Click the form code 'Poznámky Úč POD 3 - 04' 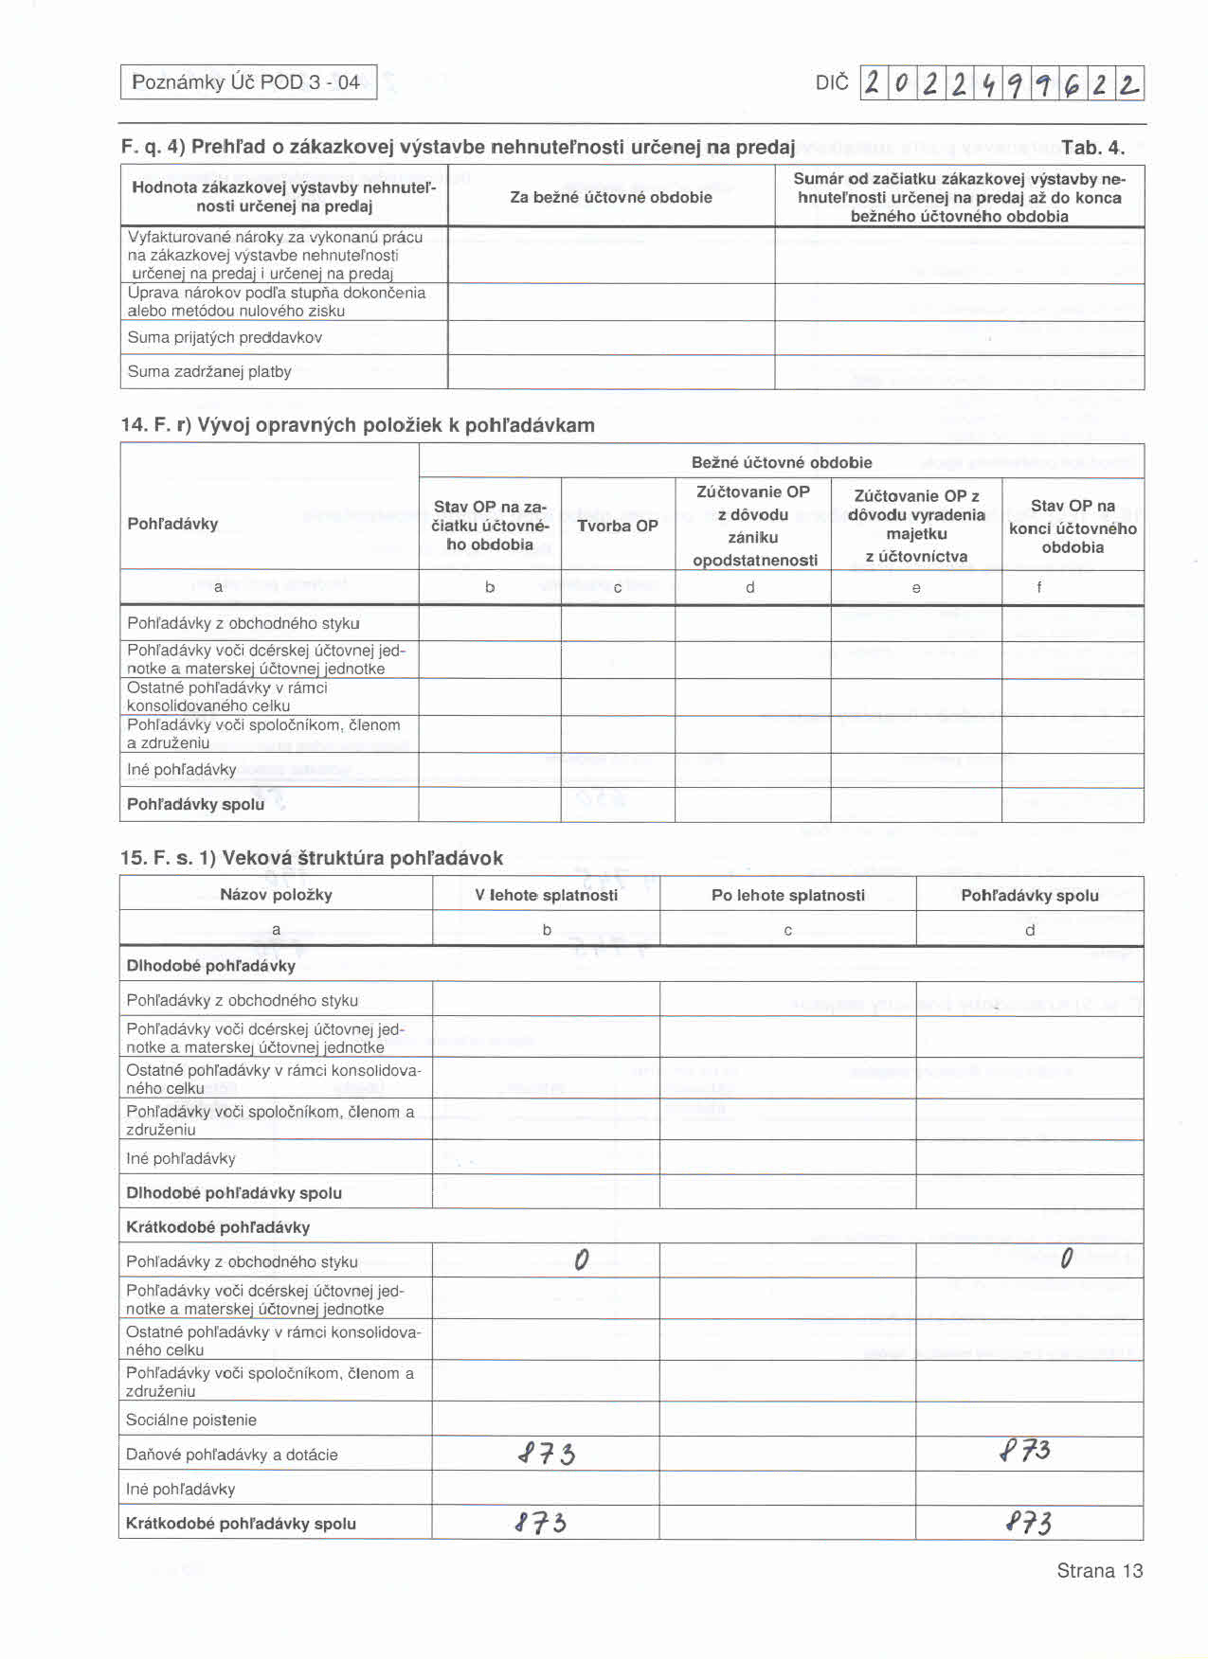(246, 82)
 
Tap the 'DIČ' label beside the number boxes (832, 83)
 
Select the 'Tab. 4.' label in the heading (1092, 148)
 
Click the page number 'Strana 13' (1099, 1571)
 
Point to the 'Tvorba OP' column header (618, 526)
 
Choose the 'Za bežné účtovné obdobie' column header (611, 197)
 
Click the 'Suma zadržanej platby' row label (209, 371)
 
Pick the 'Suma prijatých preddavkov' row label (225, 337)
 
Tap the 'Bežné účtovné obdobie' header (782, 462)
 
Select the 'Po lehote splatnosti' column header (788, 895)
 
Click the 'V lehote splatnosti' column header (547, 895)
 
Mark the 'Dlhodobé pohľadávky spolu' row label (234, 1192)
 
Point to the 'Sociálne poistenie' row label (191, 1420)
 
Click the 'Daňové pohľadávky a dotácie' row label (232, 1455)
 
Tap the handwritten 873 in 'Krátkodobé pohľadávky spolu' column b (541, 1523)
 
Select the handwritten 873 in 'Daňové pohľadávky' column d (1025, 1451)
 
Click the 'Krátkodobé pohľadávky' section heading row (219, 1226)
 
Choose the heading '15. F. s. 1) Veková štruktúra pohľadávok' (312, 858)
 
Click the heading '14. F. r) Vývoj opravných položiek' (358, 425)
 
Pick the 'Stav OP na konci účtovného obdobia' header (1073, 527)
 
